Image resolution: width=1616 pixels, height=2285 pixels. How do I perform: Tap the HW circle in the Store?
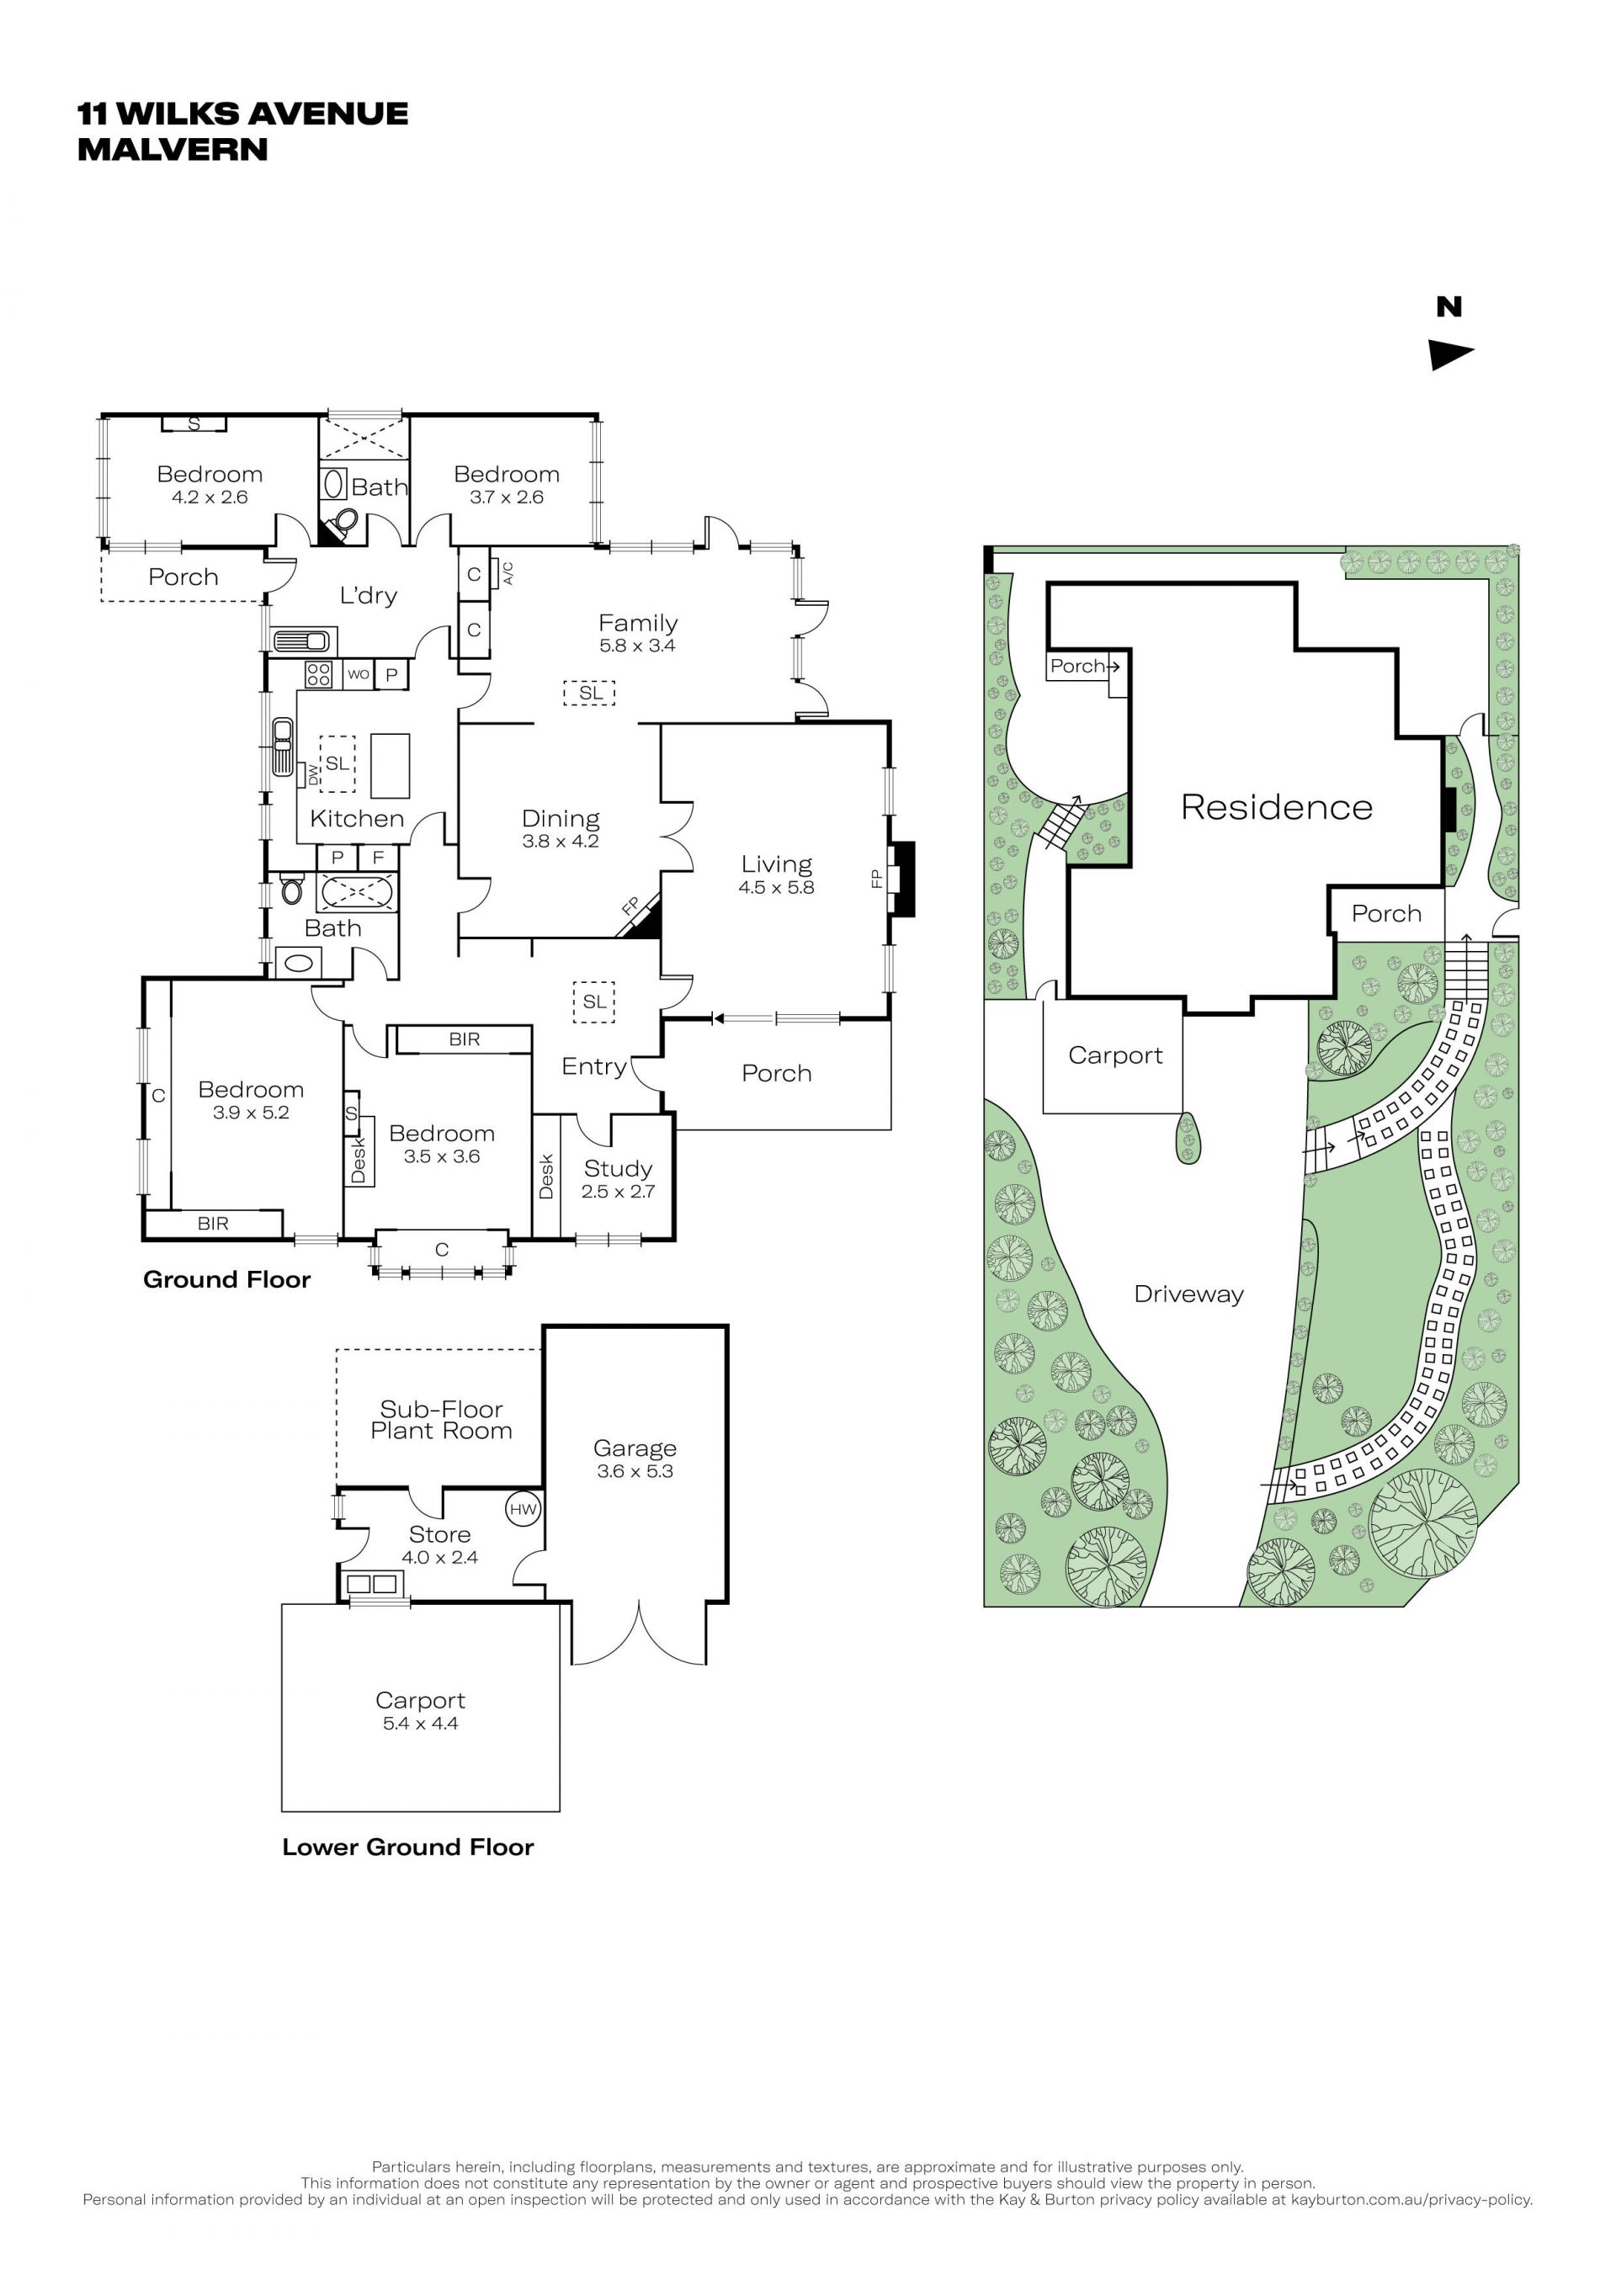click(524, 1509)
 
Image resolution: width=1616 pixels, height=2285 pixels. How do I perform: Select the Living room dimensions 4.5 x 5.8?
click(776, 887)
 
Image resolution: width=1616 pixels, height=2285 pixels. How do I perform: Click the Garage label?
click(635, 1448)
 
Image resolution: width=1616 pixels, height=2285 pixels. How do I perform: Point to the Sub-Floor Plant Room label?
click(441, 1420)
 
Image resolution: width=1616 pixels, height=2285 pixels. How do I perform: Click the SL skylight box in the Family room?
click(590, 693)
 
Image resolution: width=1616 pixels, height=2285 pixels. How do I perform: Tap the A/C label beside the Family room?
click(508, 573)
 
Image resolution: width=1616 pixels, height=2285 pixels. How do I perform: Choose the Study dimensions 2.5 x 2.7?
click(618, 1191)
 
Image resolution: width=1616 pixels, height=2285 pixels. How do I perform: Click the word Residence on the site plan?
click(1277, 807)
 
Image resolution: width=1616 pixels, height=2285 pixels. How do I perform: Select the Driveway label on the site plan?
click(1189, 1294)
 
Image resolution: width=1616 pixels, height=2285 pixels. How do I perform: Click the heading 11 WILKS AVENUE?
click(242, 114)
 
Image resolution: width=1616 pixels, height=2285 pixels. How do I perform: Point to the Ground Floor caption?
click(227, 1280)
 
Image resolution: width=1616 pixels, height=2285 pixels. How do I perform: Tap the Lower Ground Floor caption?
click(408, 1847)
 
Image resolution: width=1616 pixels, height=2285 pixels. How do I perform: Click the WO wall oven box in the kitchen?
click(359, 675)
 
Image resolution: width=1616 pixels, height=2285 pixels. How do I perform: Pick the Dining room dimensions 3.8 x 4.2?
click(561, 841)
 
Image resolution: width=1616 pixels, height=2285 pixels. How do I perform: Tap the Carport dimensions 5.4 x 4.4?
click(420, 1724)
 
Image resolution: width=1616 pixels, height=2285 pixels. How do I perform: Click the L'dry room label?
click(368, 595)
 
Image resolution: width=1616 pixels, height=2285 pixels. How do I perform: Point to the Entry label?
click(594, 1067)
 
